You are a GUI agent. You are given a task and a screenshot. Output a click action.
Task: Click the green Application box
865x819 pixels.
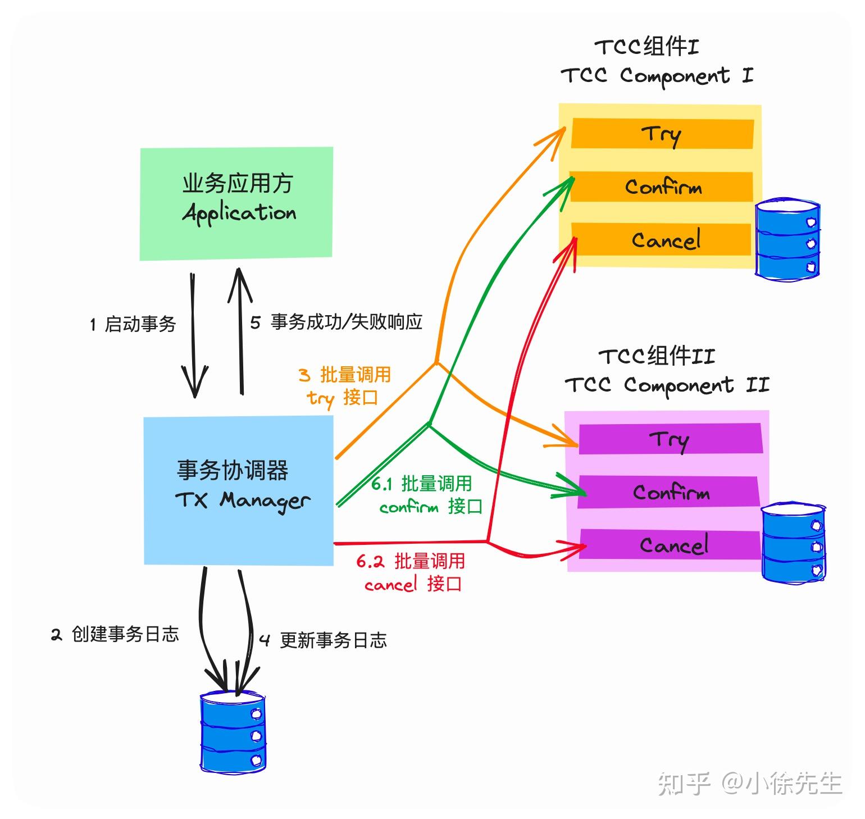[236, 203]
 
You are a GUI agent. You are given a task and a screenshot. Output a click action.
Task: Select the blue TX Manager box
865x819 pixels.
[238, 490]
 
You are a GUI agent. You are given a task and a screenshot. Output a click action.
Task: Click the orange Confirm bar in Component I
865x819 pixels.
[662, 186]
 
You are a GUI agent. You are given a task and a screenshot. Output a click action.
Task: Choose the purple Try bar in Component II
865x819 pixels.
[670, 439]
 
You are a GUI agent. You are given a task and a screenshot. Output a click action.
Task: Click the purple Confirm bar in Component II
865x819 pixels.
[670, 492]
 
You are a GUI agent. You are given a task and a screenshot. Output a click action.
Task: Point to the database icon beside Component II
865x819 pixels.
[793, 542]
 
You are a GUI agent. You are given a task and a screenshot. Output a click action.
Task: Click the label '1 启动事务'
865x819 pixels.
[133, 324]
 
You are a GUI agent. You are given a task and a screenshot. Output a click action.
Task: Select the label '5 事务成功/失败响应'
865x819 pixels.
[336, 322]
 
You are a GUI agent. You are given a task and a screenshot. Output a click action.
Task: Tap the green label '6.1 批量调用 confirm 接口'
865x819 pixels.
[426, 495]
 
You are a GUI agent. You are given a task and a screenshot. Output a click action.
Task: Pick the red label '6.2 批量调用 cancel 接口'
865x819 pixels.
[412, 572]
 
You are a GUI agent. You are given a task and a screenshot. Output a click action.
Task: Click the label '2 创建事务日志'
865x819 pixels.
[115, 634]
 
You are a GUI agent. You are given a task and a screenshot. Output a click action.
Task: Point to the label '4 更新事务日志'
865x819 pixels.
[323, 640]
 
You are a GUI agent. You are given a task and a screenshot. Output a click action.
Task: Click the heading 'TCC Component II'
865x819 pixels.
[666, 385]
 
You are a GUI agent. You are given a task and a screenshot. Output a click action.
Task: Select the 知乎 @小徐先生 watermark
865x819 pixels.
[749, 783]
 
